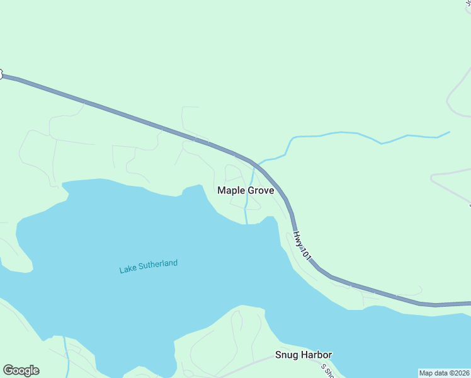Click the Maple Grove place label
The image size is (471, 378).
pos(246,190)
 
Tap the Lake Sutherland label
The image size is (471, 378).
pos(149,266)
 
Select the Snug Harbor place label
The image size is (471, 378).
pos(304,355)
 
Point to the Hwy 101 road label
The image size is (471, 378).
pos(302,245)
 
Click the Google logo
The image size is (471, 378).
pos(21,370)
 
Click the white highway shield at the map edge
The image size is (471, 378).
pos(1,74)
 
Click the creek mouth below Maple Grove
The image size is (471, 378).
pos(246,222)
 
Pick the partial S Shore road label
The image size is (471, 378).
pos(326,371)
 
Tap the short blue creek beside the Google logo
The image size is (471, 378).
pos(66,353)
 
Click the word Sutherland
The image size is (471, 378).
pos(159,265)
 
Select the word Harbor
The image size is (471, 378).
pos(317,355)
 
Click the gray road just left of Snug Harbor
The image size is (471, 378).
pos(252,364)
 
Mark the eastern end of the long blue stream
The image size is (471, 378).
pos(449,132)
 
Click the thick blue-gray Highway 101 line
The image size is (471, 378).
pos(126,115)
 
